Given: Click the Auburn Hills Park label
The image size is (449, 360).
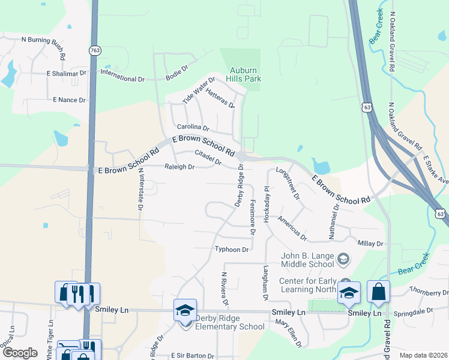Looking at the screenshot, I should [244, 74].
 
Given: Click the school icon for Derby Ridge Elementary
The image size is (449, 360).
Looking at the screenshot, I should [185, 310].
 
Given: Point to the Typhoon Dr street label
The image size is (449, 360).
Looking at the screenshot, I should [231, 249].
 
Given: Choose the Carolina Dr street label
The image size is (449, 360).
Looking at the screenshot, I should [193, 127].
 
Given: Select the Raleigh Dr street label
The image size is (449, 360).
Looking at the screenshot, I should [179, 167].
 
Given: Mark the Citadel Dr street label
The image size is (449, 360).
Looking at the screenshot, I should [208, 157].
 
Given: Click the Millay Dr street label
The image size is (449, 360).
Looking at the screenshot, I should [370, 243].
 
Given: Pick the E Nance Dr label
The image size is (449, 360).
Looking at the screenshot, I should [69, 100].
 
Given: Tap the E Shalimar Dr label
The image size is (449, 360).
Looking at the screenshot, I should [66, 73].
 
